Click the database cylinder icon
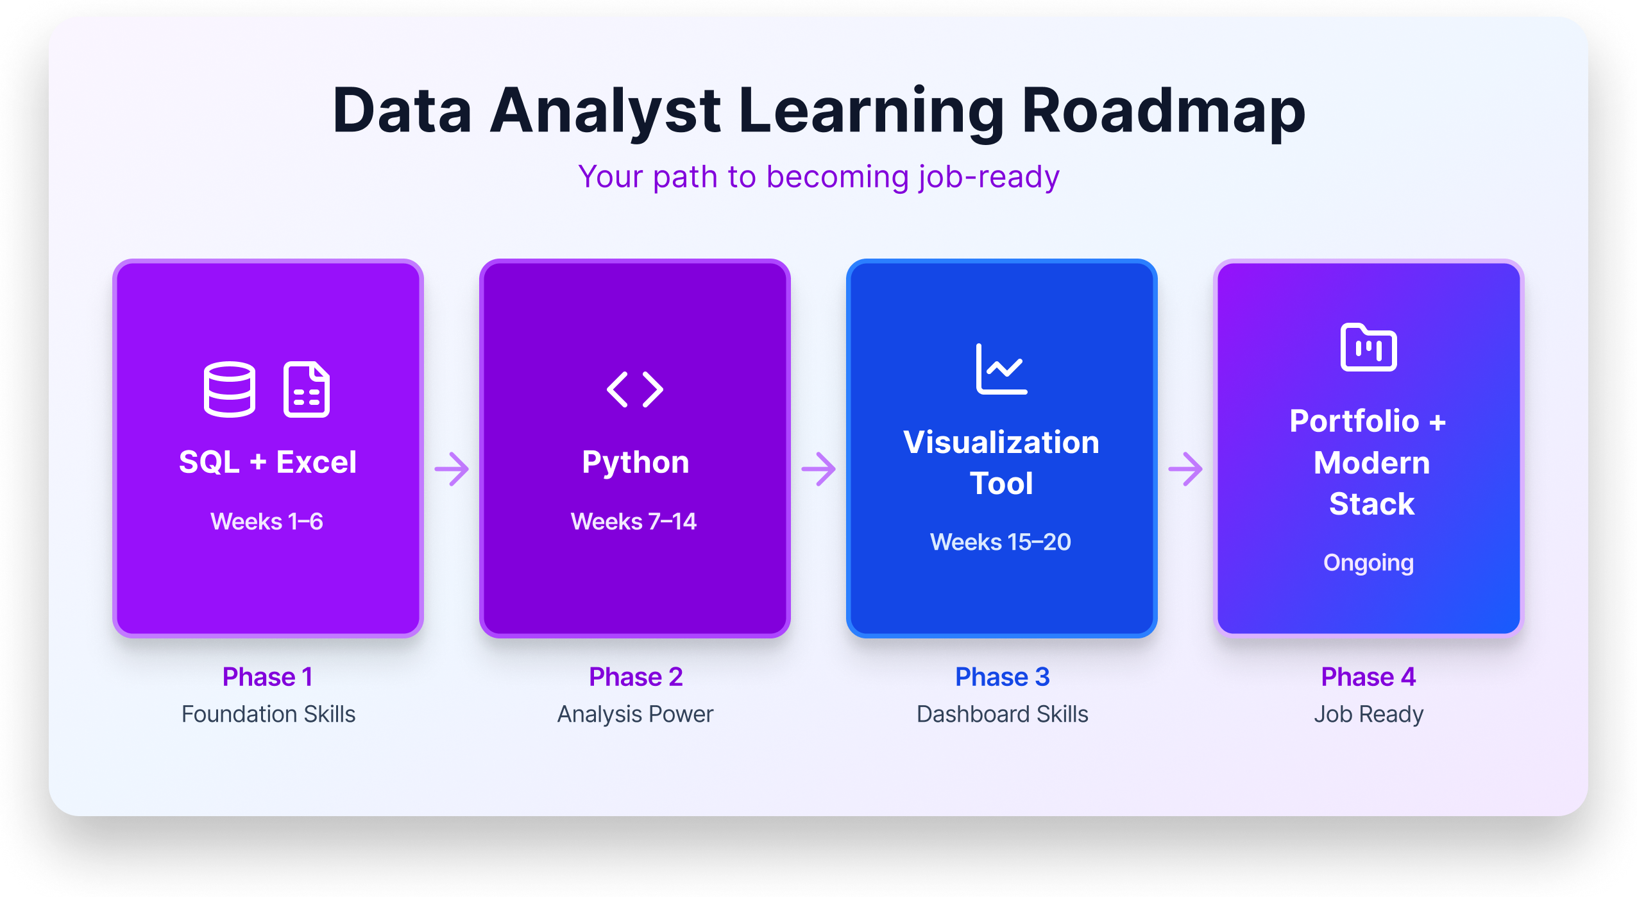[x=230, y=389]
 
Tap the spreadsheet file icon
[x=307, y=389]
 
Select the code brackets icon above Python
[x=635, y=389]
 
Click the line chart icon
[x=1001, y=369]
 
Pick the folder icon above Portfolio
[x=1368, y=347]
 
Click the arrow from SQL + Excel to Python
[x=452, y=469]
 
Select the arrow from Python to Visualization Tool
[x=818, y=469]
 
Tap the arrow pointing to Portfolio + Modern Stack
[x=1185, y=469]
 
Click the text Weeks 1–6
[x=267, y=521]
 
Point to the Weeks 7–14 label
[x=634, y=521]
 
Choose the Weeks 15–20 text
[x=1001, y=542]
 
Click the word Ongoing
[x=1368, y=563]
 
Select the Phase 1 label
[x=267, y=677]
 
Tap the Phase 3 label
[x=1002, y=677]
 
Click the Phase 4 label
[x=1368, y=677]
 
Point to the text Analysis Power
[x=635, y=714]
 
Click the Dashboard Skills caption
[x=1002, y=714]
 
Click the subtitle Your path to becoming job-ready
[x=818, y=177]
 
